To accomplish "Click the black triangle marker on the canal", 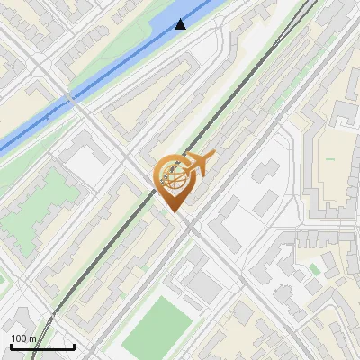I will (x=181, y=24).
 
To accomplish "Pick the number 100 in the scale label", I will (x=20, y=338).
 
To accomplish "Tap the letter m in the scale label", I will (x=32, y=338).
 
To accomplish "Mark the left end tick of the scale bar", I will (x=10, y=346).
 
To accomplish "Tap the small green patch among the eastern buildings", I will (x=315, y=267).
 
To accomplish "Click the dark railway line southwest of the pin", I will (x=90, y=270).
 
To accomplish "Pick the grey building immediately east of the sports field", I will (x=205, y=287).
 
